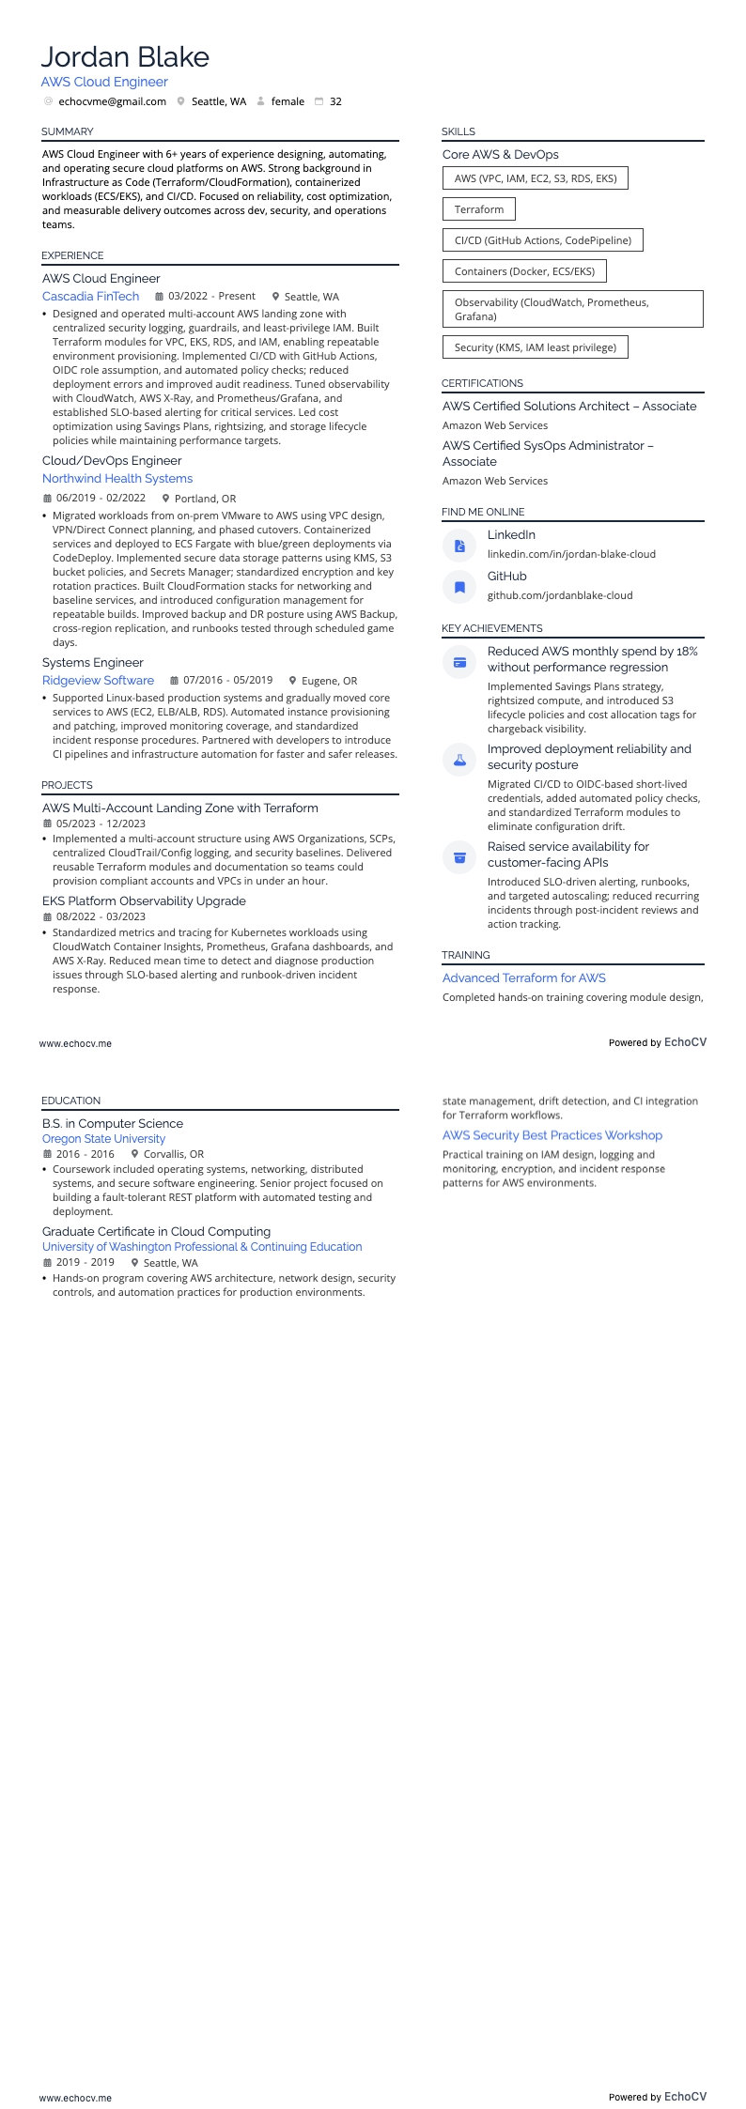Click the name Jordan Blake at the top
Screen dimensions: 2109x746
tap(125, 57)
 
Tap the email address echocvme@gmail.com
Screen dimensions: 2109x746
tap(112, 101)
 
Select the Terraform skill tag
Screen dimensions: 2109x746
tap(478, 209)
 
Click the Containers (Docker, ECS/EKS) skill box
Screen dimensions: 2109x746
tap(524, 271)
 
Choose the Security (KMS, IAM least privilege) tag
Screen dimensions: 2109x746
tap(535, 347)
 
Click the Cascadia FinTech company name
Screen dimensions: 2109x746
tap(90, 297)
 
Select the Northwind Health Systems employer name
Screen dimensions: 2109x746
tap(117, 479)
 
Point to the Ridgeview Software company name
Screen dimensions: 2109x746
tap(98, 681)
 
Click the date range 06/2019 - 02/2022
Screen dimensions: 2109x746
tap(101, 499)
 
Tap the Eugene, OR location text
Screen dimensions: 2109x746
tap(329, 681)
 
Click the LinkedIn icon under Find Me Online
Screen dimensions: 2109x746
tap(459, 546)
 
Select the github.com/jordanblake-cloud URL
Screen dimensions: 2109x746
tap(560, 595)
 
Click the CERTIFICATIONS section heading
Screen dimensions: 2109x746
tap(482, 383)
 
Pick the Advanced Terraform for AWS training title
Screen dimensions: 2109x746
tap(523, 978)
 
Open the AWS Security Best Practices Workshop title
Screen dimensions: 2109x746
tap(552, 1135)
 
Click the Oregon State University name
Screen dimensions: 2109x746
tap(103, 1139)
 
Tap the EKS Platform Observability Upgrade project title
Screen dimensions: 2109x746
tap(144, 901)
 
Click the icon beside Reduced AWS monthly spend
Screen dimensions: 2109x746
tap(459, 662)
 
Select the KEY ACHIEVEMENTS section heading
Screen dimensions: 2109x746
tap(491, 628)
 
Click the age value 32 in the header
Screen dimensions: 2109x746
tap(335, 101)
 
